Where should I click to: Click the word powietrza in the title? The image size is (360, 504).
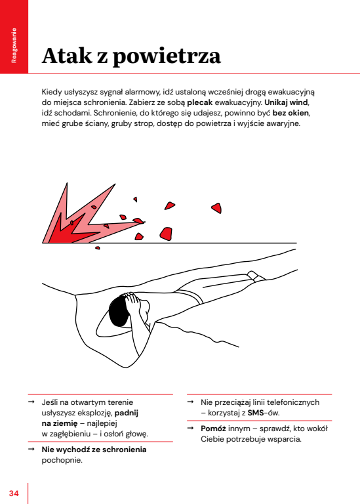pyautogui.click(x=167, y=57)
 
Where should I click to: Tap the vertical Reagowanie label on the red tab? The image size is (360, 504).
pyautogui.click(x=14, y=45)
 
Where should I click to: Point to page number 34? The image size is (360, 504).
pyautogui.click(x=14, y=493)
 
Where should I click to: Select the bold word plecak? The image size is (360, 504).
pyautogui.click(x=200, y=102)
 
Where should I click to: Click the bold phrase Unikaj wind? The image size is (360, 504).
pyautogui.click(x=286, y=102)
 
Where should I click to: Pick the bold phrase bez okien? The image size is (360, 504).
pyautogui.click(x=290, y=113)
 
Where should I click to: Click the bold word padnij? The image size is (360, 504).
pyautogui.click(x=127, y=413)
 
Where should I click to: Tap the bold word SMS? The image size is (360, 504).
pyautogui.click(x=256, y=413)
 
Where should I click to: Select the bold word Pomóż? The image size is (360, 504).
pyautogui.click(x=214, y=429)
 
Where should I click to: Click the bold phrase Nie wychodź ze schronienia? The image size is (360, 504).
pyautogui.click(x=94, y=450)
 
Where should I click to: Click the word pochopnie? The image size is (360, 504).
pyautogui.click(x=62, y=460)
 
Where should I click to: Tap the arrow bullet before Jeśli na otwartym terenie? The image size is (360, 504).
pyautogui.click(x=31, y=402)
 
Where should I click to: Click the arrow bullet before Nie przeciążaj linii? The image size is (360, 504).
pyautogui.click(x=190, y=402)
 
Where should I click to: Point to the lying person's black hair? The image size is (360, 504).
pyautogui.click(x=118, y=310)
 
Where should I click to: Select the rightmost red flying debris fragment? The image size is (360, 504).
pyautogui.click(x=217, y=208)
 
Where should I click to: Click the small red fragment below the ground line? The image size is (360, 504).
pyautogui.click(x=98, y=248)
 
